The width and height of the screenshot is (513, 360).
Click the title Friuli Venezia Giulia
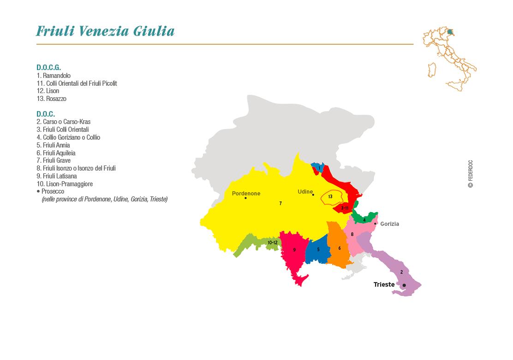[x=105, y=31]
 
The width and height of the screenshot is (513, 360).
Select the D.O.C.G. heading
[x=48, y=67]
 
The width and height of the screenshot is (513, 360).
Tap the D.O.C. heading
[x=46, y=114]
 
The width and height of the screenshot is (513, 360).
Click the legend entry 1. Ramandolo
[x=54, y=76]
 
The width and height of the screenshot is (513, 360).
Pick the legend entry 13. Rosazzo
[x=51, y=99]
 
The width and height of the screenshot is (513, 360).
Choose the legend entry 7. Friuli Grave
[x=54, y=160]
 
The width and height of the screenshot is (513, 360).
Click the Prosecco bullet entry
[x=52, y=191]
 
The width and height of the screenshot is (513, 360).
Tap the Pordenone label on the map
[x=246, y=194]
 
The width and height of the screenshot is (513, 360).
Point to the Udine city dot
[x=313, y=195]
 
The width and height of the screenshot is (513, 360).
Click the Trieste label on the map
[x=384, y=284]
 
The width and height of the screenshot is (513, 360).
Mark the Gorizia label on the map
[x=389, y=224]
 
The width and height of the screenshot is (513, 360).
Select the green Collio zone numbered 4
[x=364, y=218]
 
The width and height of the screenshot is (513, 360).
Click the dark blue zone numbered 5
[x=318, y=251]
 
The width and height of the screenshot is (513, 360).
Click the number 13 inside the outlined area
[x=330, y=197]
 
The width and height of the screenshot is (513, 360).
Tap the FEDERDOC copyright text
[x=471, y=174]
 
